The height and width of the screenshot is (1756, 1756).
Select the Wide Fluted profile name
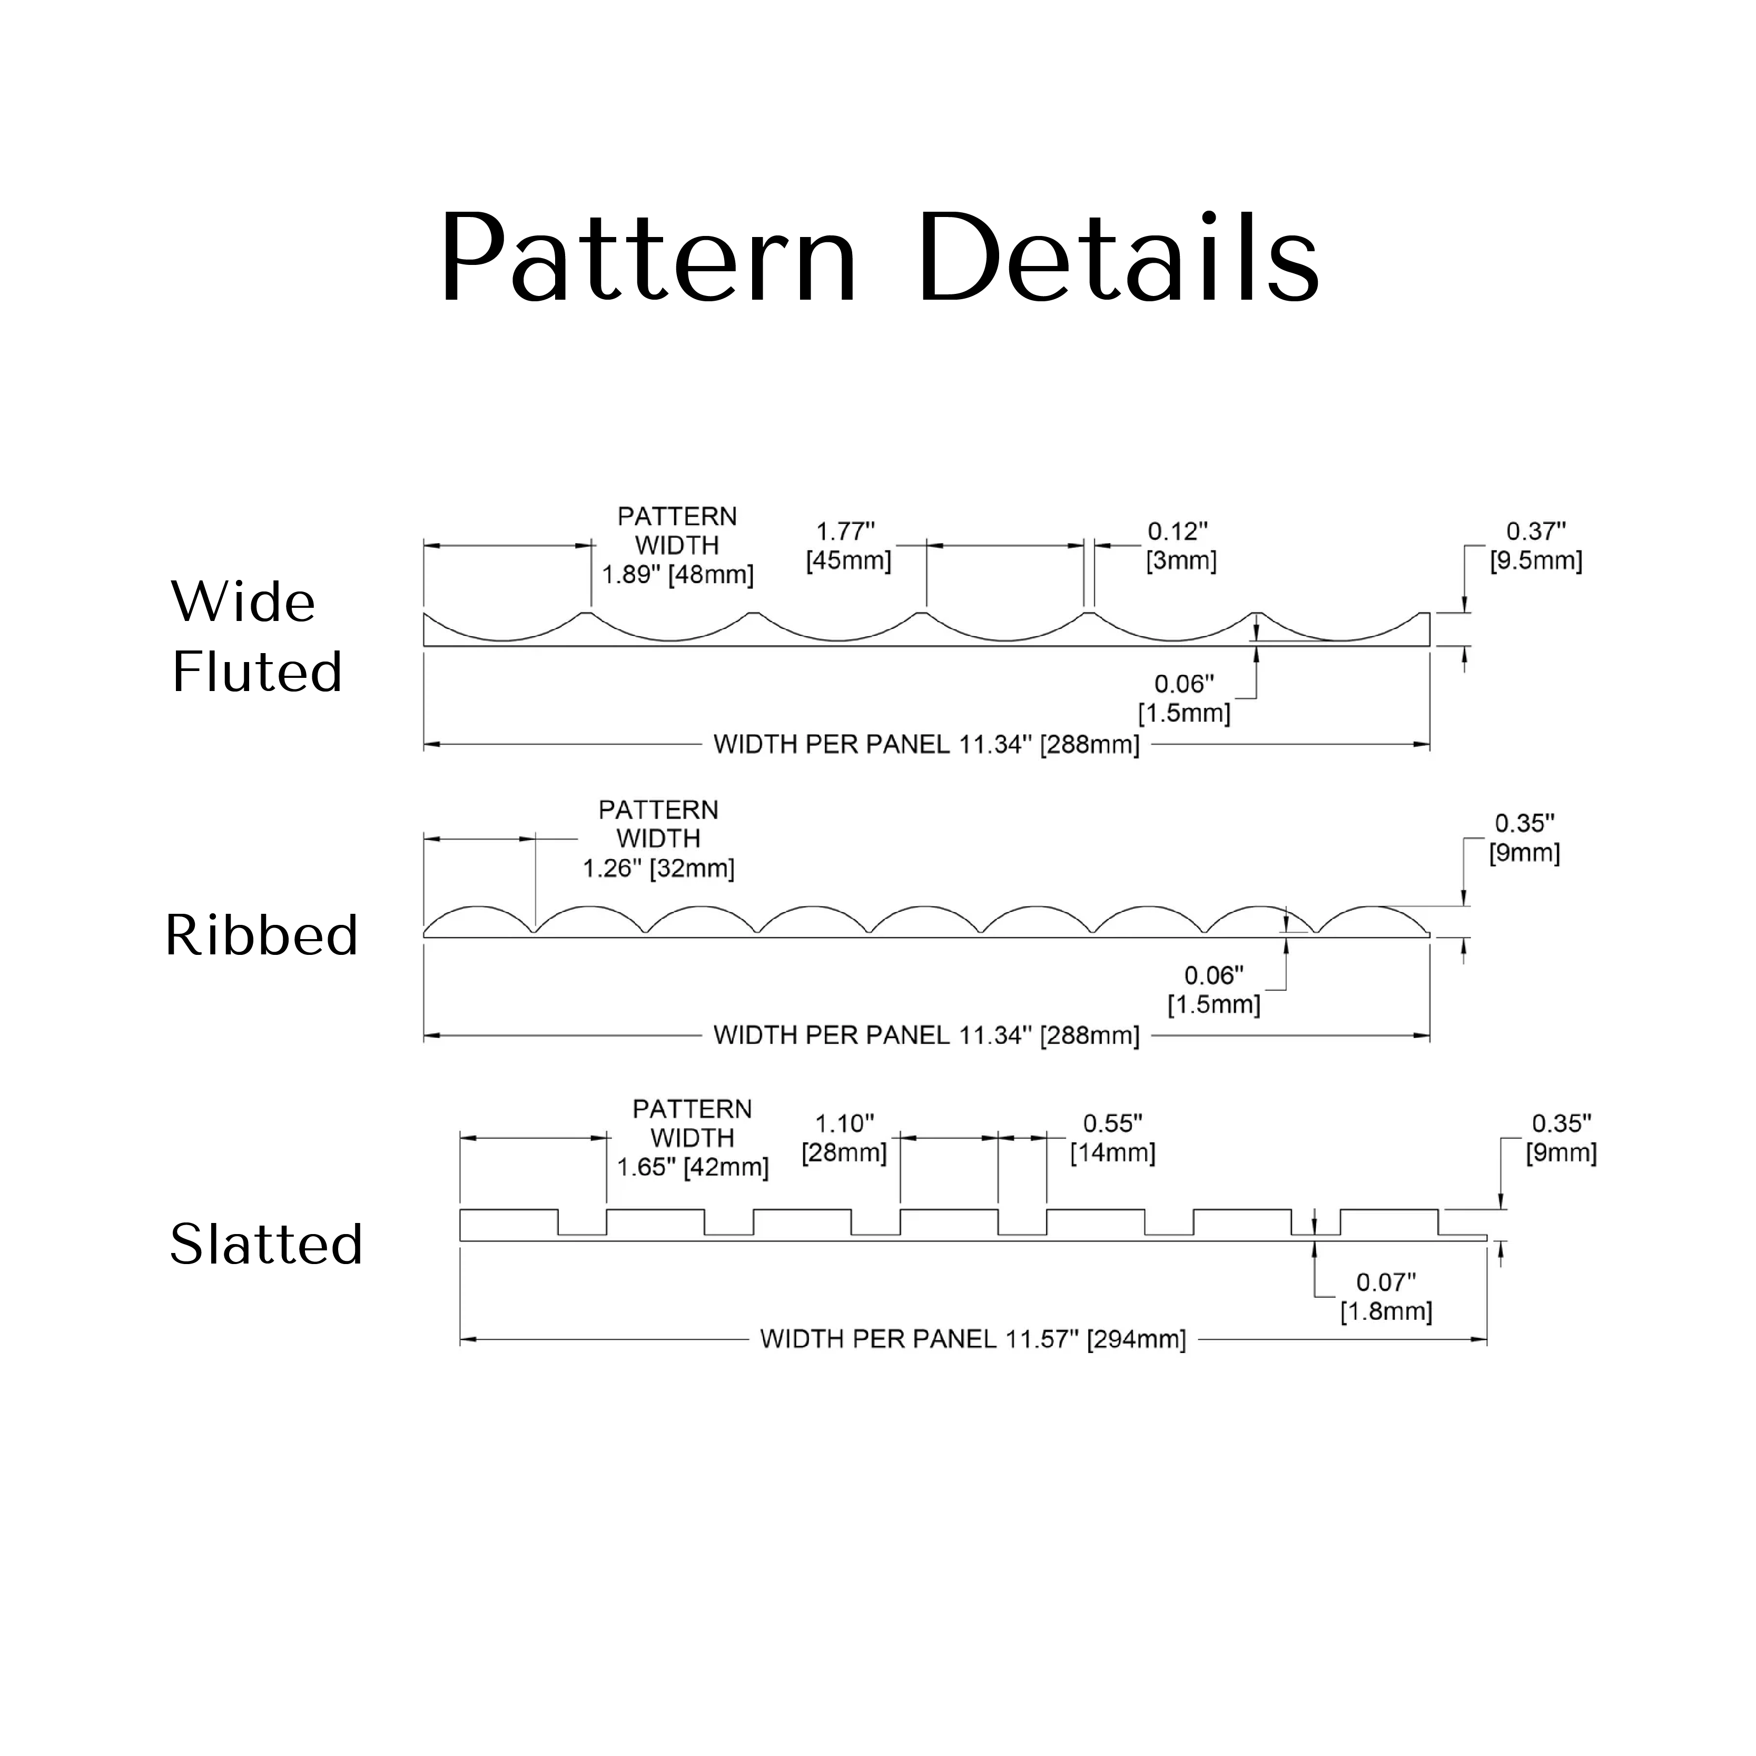(257, 636)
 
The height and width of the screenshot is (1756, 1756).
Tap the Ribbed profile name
(262, 935)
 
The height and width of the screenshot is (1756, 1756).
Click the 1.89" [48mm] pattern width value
(678, 575)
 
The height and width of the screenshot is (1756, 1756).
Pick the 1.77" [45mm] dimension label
(848, 545)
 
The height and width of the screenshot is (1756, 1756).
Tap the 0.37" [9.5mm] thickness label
(1535, 545)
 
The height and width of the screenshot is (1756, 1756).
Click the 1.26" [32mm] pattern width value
(658, 868)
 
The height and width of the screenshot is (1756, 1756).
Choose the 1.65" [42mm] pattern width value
(693, 1167)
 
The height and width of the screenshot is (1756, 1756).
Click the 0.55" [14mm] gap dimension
(1112, 1138)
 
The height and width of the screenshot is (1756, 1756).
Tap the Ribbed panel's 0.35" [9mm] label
(1524, 838)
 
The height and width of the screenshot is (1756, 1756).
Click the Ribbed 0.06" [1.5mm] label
(1214, 990)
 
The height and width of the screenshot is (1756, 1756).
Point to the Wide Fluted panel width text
(926, 744)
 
